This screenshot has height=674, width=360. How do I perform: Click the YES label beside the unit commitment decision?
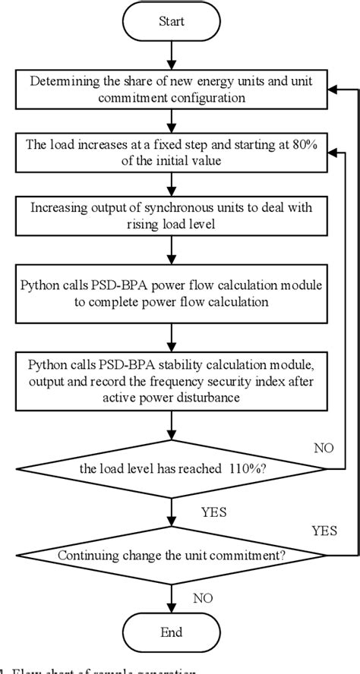click(x=324, y=529)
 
